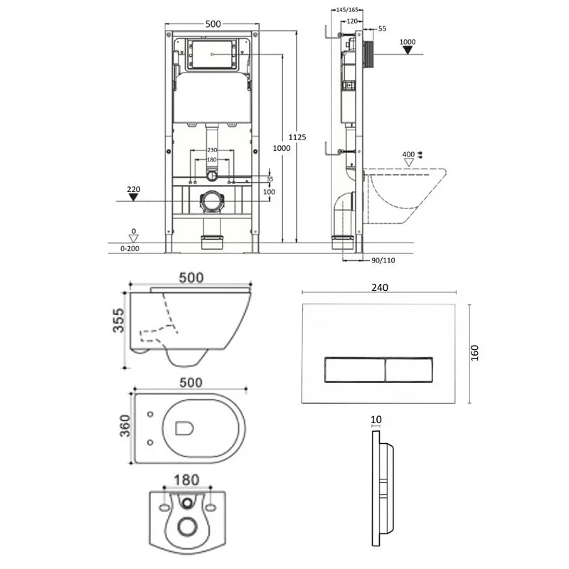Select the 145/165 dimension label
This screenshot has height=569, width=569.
pyautogui.click(x=345, y=9)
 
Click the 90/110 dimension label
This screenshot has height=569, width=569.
pyautogui.click(x=383, y=260)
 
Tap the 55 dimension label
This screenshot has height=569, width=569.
pyautogui.click(x=381, y=28)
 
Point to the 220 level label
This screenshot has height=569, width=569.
pyautogui.click(x=134, y=189)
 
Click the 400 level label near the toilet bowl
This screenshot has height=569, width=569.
pyautogui.click(x=408, y=154)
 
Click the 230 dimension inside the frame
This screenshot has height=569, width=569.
pyautogui.click(x=212, y=150)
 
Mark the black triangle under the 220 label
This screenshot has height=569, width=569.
pyautogui.click(x=134, y=198)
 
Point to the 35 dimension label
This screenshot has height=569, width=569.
pyautogui.click(x=270, y=180)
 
